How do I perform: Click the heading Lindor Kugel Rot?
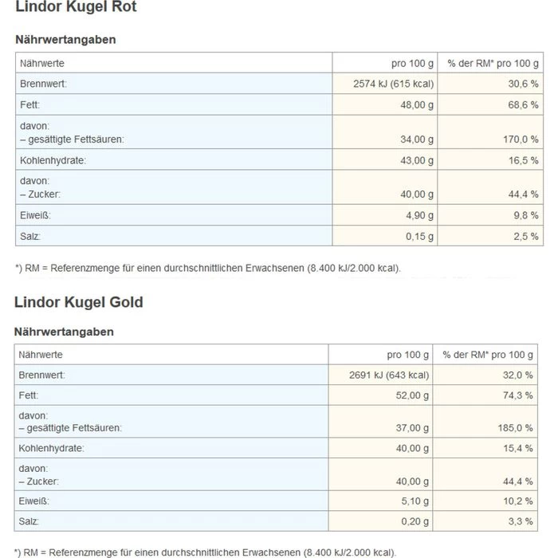pos(76,7)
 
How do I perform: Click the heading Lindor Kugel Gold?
pos(79,302)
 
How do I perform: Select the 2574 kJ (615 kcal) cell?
pos(393,84)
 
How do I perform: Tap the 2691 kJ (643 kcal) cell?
pos(390,375)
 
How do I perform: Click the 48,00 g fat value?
pos(416,105)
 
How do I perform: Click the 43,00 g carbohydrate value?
pos(416,160)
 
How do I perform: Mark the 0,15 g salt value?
pos(419,236)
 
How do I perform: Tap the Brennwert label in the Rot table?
pos(43,84)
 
